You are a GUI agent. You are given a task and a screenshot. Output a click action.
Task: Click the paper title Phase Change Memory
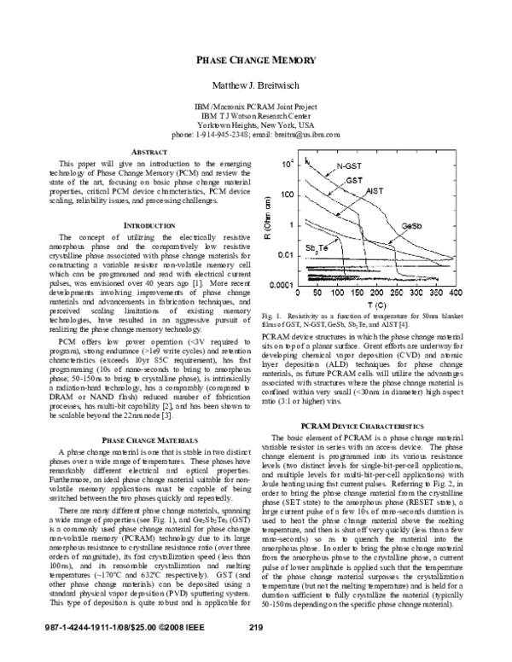click(x=256, y=61)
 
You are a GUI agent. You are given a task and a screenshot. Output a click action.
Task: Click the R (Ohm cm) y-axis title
click(x=269, y=214)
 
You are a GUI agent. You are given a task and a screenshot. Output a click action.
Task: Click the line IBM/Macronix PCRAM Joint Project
click(x=256, y=106)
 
